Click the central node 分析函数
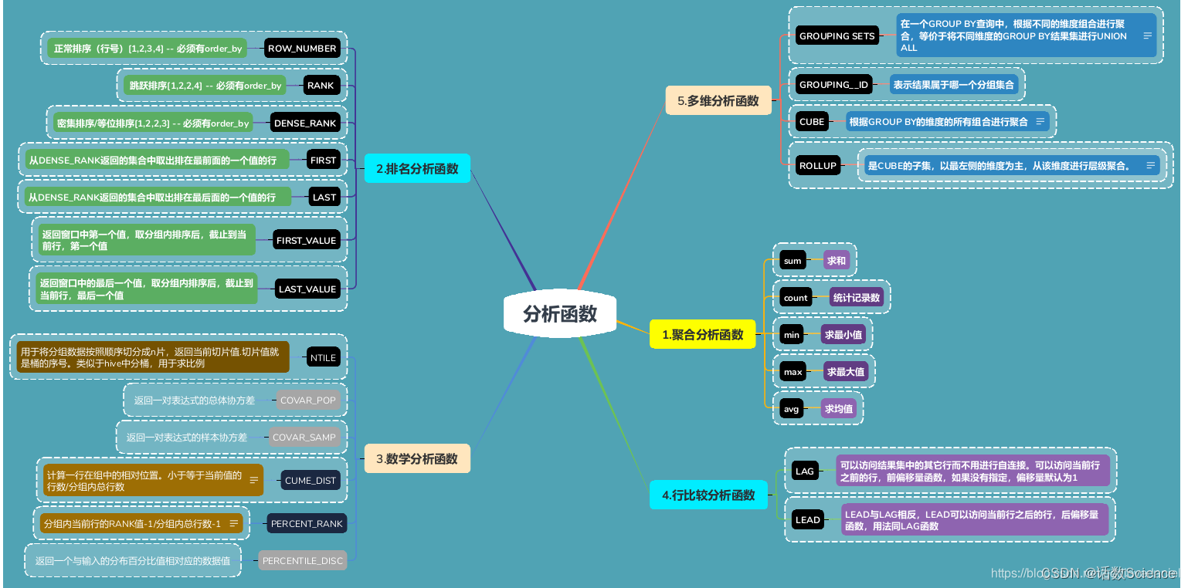point(560,315)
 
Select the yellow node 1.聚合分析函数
point(702,334)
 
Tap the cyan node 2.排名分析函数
point(416,168)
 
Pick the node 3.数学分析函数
point(416,458)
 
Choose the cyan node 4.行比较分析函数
point(708,495)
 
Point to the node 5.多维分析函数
point(718,100)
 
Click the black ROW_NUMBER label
point(302,49)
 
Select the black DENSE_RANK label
point(305,123)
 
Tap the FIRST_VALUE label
point(306,240)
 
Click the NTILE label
point(323,357)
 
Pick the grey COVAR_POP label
point(308,400)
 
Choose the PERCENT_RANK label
point(307,523)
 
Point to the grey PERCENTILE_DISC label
point(302,560)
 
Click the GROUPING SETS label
point(837,36)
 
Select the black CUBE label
point(812,122)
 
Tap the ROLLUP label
point(818,165)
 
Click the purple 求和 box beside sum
point(837,261)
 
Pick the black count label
point(795,298)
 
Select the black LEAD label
point(807,519)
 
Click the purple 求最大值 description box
point(846,372)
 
